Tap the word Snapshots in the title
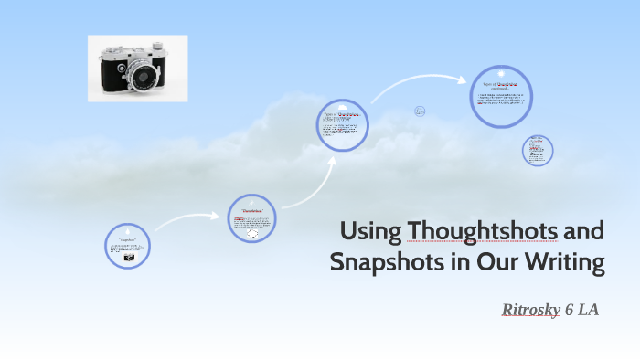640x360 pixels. click(375, 263)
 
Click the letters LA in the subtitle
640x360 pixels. click(588, 310)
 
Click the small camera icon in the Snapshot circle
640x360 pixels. click(129, 258)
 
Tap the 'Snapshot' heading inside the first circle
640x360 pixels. click(127, 238)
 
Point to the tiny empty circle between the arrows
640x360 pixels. click(420, 111)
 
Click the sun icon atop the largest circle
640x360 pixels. click(501, 70)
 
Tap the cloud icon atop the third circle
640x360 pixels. click(344, 104)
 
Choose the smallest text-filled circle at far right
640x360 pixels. click(538, 151)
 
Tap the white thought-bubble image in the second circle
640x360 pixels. click(252, 232)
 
